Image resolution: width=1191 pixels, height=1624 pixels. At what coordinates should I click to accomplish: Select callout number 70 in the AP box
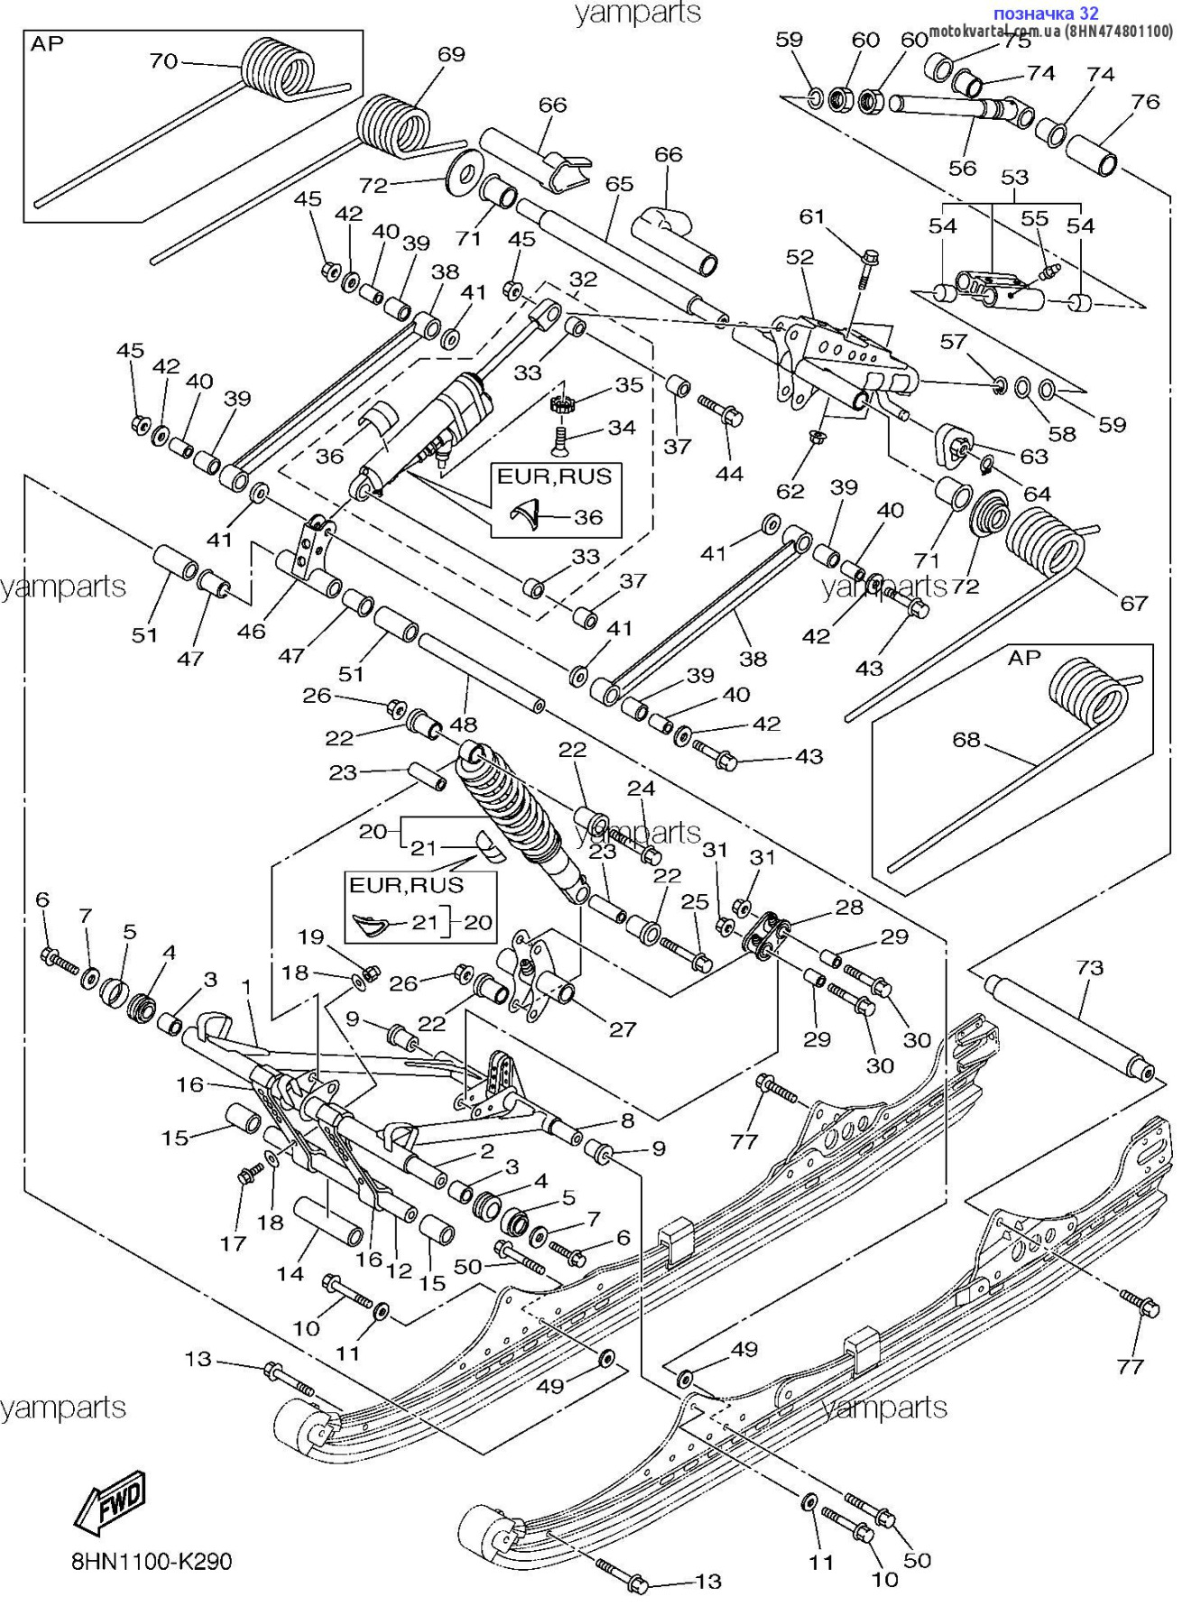[163, 61]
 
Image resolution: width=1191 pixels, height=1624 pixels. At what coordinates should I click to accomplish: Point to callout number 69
[451, 54]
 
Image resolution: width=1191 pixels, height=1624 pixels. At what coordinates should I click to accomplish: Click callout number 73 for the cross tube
[1090, 967]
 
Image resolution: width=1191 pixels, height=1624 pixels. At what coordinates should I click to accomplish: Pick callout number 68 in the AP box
[965, 740]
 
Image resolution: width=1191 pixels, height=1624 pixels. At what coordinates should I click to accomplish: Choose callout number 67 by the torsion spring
[1133, 603]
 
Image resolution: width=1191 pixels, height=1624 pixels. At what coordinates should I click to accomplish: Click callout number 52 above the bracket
[799, 257]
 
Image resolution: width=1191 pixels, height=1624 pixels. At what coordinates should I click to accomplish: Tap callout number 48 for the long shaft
[463, 724]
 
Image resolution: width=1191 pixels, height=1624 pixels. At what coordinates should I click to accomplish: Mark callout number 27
[623, 1029]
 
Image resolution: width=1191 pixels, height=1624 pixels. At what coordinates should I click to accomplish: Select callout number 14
[290, 1273]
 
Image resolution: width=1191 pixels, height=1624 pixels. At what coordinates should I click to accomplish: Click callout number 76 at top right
[1145, 101]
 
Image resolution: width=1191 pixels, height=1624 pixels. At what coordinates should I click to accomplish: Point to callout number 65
[619, 183]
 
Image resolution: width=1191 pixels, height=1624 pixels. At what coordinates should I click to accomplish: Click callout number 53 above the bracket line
[1014, 177]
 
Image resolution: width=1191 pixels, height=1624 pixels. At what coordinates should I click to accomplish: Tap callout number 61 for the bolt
[812, 216]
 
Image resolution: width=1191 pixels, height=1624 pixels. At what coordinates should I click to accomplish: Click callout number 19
[310, 937]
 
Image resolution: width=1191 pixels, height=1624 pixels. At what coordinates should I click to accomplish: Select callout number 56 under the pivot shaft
[962, 168]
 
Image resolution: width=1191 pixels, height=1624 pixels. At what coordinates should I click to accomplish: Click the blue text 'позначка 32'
[1045, 13]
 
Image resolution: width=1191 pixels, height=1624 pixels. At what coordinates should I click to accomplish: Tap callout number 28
[849, 907]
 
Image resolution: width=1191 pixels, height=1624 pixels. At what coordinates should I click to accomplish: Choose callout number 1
[246, 988]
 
